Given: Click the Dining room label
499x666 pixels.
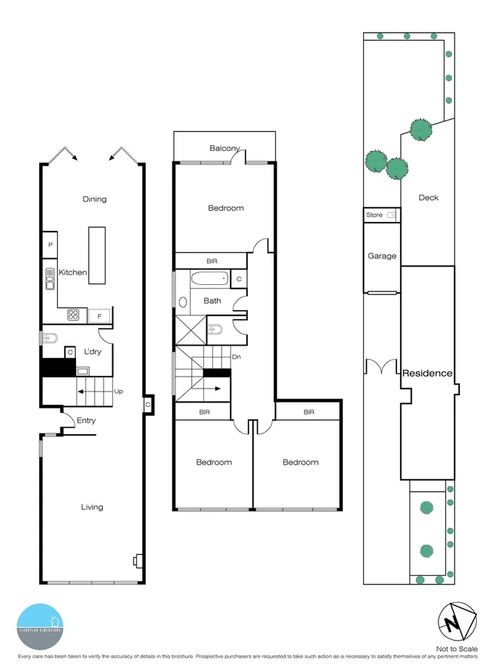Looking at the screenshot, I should (x=95, y=199).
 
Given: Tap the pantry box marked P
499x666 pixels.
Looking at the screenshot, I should (x=50, y=244).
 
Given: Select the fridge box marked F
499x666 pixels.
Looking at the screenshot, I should (x=101, y=316).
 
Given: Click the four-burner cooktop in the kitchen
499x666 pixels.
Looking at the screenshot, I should (x=74, y=315).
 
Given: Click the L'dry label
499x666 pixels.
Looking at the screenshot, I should (x=92, y=352).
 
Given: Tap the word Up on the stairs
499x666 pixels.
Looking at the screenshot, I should (x=118, y=391).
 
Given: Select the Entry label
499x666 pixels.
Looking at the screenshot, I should (x=86, y=421).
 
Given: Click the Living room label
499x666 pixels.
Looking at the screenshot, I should (x=92, y=507).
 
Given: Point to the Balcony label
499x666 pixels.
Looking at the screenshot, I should (x=225, y=149).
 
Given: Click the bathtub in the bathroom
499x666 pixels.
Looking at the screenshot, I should (x=209, y=280).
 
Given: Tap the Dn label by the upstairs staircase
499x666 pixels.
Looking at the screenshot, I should (x=236, y=357).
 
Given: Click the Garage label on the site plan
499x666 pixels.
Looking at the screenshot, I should (x=382, y=256).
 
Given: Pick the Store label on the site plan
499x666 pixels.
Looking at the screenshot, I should (x=375, y=215).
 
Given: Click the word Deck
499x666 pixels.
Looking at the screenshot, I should (x=428, y=198).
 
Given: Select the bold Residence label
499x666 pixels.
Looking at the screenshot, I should (x=427, y=373).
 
